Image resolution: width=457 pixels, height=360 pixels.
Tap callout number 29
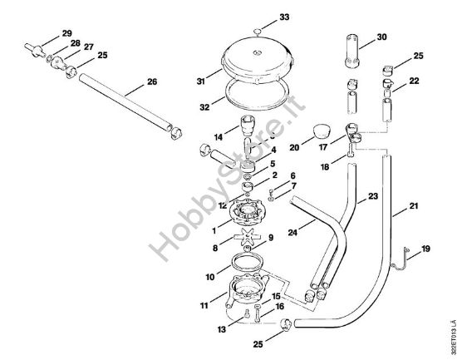[66, 34]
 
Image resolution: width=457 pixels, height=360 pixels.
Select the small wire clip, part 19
[404, 256]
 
